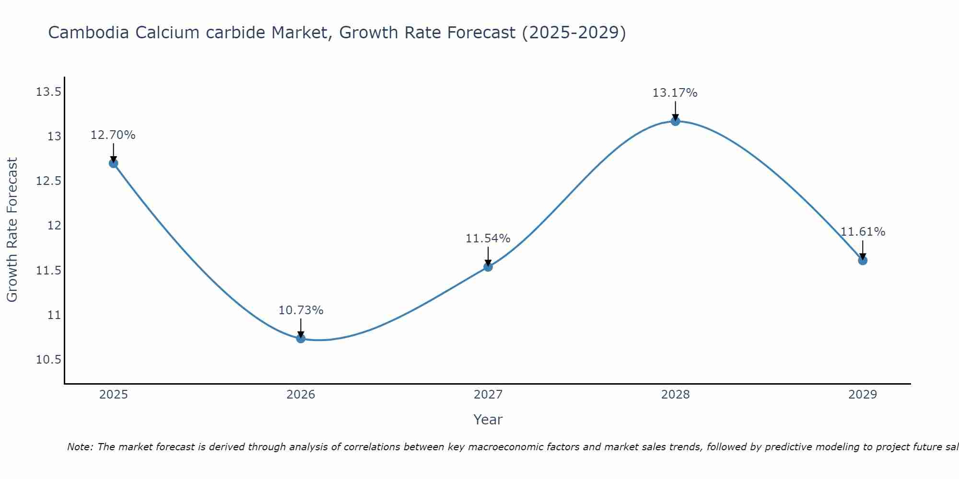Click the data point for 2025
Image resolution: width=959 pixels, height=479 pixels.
pyautogui.click(x=114, y=163)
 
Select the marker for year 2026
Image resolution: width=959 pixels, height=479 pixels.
pyautogui.click(x=301, y=339)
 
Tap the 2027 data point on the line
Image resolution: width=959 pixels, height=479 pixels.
pyautogui.click(x=488, y=267)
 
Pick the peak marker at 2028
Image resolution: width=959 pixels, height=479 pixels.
pyautogui.click(x=675, y=121)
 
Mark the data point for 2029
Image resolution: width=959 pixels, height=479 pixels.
pyautogui.click(x=863, y=261)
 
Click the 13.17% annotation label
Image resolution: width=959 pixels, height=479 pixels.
pyautogui.click(x=675, y=93)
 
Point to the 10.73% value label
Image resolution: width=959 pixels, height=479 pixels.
pyautogui.click(x=301, y=310)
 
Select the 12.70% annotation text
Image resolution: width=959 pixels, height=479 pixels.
pyautogui.click(x=113, y=135)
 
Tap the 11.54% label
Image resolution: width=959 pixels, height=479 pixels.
pyautogui.click(x=488, y=239)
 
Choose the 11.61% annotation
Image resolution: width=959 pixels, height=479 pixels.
pyautogui.click(x=863, y=232)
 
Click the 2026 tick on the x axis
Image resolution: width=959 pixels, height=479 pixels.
pyautogui.click(x=301, y=395)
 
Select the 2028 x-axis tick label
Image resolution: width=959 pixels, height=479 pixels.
pyautogui.click(x=675, y=395)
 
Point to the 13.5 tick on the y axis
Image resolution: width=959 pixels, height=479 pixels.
pyautogui.click(x=49, y=92)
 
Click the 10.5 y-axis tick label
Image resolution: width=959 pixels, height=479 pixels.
pyautogui.click(x=49, y=360)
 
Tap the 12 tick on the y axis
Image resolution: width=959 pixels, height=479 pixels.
pyautogui.click(x=54, y=226)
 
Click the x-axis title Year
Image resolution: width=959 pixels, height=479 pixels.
pyautogui.click(x=488, y=420)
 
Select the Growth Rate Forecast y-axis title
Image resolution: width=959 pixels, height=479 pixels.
pyautogui.click(x=12, y=229)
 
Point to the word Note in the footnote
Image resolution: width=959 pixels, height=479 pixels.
pyautogui.click(x=80, y=447)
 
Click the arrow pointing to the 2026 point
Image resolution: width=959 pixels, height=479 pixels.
pyautogui.click(x=301, y=329)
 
